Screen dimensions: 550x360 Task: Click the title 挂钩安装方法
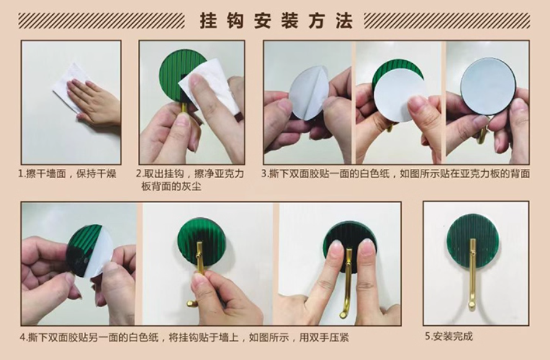(276, 20)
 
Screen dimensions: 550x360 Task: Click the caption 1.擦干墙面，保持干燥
(67, 174)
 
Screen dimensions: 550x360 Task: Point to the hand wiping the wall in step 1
(95, 102)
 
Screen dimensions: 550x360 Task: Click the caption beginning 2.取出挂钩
(190, 180)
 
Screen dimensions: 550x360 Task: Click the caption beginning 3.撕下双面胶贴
(395, 174)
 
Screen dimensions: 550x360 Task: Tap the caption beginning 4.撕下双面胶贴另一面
(184, 338)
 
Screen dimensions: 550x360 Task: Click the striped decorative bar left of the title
(101, 20)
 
